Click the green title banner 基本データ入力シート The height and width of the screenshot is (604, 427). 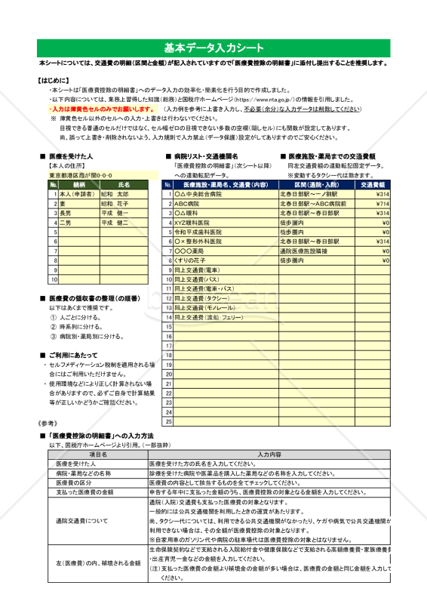point(213,46)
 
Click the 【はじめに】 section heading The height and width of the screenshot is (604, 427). point(53,79)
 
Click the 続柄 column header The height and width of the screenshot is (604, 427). point(79,184)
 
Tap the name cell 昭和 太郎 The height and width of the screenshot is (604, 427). point(115,194)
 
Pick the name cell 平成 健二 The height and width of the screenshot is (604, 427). point(115,223)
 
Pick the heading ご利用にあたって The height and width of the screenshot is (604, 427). point(72,354)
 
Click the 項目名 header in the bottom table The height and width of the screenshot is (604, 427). point(99,455)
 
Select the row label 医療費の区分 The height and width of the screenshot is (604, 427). point(74,482)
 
